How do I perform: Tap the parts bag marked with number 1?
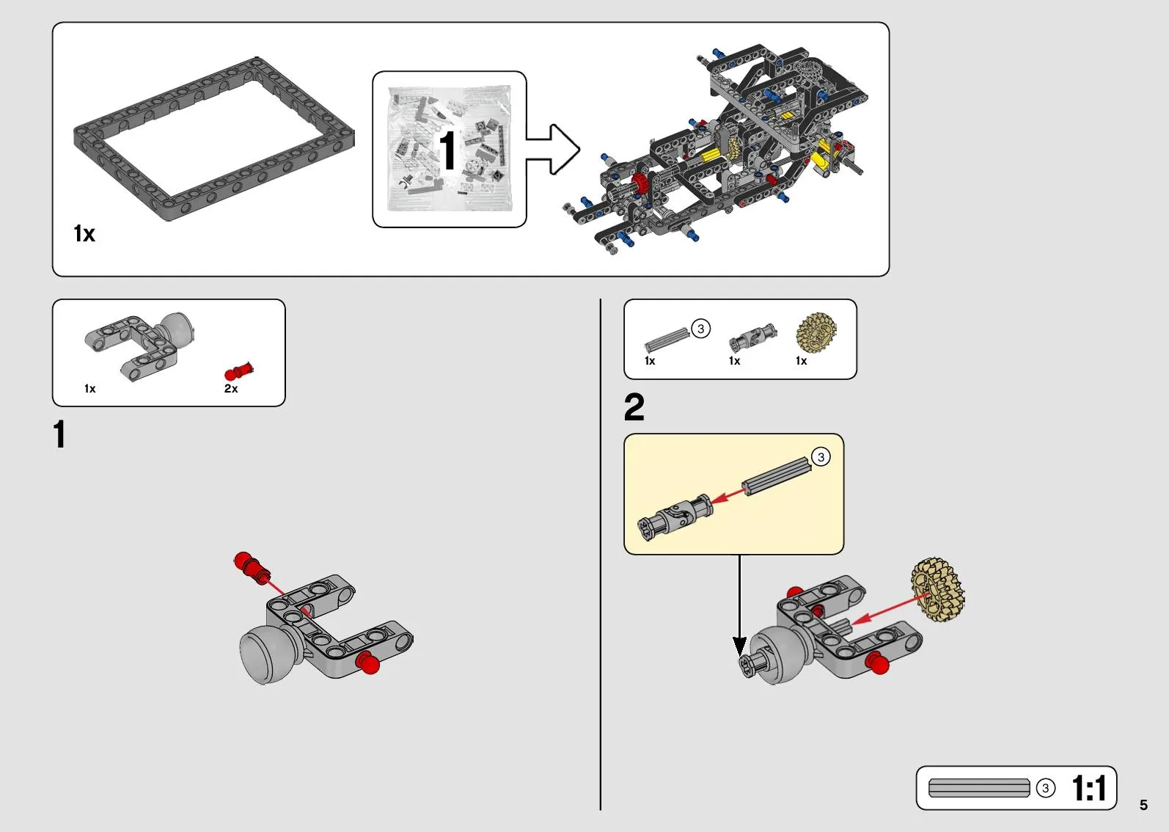[x=449, y=149]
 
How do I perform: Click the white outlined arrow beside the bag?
[x=553, y=149]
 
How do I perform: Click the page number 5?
[x=1143, y=804]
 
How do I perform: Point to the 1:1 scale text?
[x=1089, y=788]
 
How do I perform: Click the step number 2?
[x=634, y=407]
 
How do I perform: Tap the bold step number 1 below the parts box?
[x=59, y=434]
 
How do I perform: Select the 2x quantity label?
[x=231, y=388]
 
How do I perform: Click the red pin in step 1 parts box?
[x=239, y=371]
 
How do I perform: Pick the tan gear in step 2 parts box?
[x=816, y=332]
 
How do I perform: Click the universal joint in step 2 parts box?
[x=752, y=337]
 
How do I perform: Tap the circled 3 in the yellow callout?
[x=821, y=457]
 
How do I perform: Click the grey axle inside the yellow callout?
[x=777, y=476]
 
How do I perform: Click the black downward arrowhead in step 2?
[x=739, y=646]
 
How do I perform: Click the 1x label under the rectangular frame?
[x=84, y=233]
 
